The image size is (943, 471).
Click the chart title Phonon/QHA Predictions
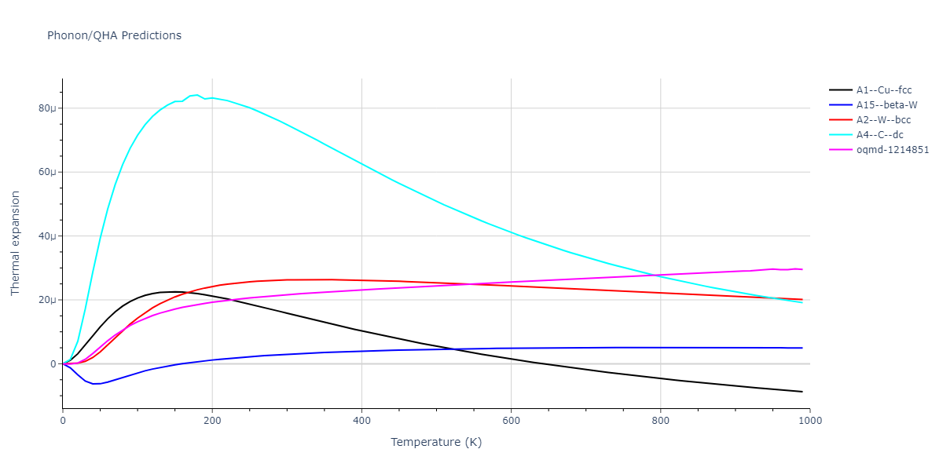coord(114,35)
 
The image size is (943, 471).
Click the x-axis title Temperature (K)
coord(436,442)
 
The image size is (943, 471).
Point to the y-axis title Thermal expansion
coord(16,243)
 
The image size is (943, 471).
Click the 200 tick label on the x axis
coord(212,421)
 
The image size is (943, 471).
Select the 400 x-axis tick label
coord(361,421)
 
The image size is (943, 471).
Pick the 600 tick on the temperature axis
coord(511,421)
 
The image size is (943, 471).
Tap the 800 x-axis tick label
coord(660,421)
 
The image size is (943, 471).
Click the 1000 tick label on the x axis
coord(809,421)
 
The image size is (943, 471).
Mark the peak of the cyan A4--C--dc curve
coord(196,95)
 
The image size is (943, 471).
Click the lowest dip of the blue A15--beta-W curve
coord(94,384)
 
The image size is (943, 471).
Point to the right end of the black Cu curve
coord(802,392)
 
